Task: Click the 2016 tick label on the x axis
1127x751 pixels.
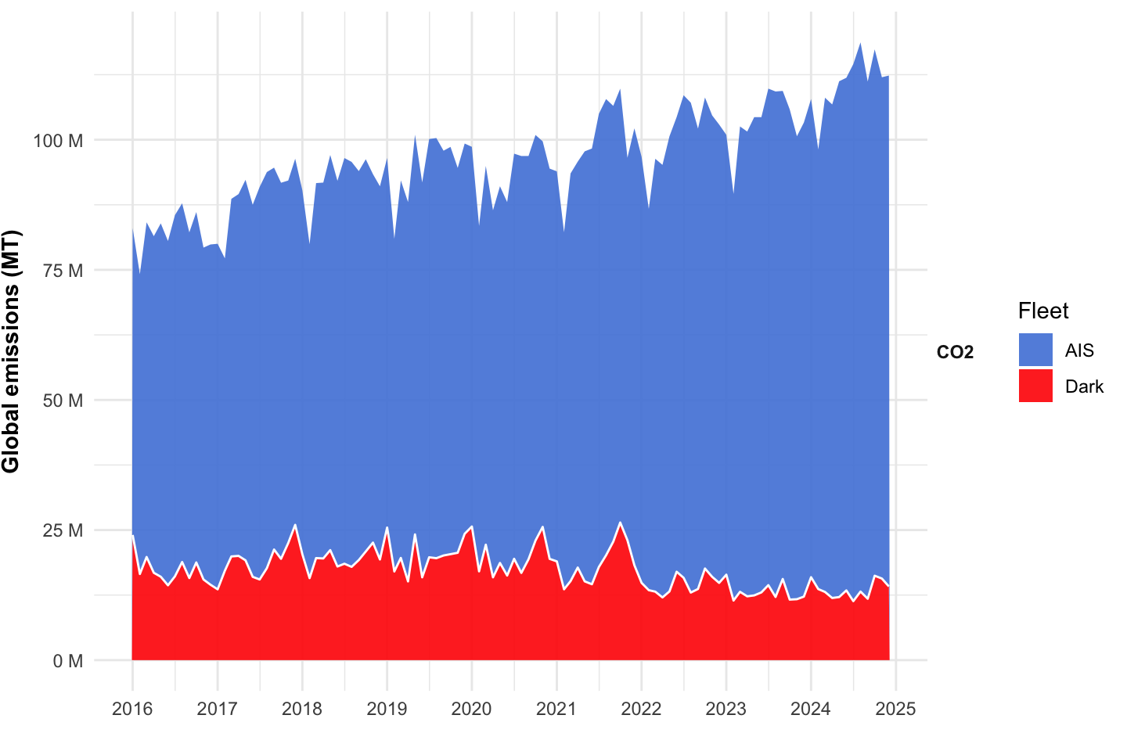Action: point(132,709)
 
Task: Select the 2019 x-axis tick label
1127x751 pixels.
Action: point(387,709)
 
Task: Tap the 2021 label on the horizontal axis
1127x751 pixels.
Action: point(556,709)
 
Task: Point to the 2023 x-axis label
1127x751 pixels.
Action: point(726,709)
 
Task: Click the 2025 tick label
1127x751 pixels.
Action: point(895,709)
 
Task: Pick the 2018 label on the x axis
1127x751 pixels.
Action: point(302,709)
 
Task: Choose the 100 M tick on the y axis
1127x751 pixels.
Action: point(58,141)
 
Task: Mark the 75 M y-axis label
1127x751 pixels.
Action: point(62,271)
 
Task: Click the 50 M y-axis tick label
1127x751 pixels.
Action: point(62,401)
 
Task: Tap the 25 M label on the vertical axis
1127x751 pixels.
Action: point(62,530)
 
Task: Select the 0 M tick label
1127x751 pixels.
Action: point(67,661)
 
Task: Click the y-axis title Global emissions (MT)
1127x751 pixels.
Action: point(11,352)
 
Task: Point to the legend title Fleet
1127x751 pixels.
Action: point(1042,311)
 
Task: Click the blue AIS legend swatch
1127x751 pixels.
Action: point(1035,350)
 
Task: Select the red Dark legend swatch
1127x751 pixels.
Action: point(1035,386)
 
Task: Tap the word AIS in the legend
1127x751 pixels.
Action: point(1079,350)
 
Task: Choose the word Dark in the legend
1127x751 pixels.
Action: point(1084,386)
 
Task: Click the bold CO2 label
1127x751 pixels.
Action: point(955,352)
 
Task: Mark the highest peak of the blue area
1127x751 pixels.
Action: point(860,44)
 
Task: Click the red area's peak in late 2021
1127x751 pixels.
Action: point(620,523)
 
